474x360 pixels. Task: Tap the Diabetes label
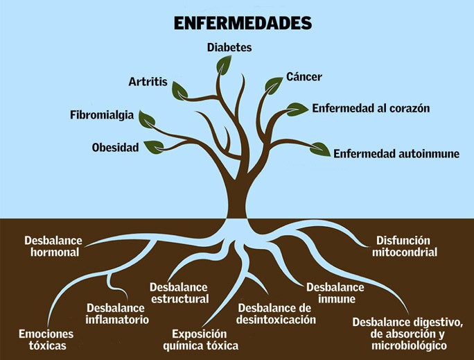coord(229,48)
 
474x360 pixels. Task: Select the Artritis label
coord(148,82)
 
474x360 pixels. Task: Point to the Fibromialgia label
coord(102,114)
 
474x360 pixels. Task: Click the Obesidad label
coord(115,147)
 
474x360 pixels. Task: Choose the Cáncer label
coord(304,76)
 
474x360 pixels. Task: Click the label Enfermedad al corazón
coord(371,109)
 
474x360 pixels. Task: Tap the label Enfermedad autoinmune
coord(396,153)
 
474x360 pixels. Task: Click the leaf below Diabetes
coord(224,65)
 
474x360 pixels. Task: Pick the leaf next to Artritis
coord(180,89)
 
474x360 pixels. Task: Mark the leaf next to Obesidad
coord(153,146)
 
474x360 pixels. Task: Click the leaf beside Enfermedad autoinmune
coord(320,148)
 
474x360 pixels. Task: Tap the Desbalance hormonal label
coord(53,246)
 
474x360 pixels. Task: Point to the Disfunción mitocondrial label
coord(404,246)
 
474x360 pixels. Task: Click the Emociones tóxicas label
coord(46,339)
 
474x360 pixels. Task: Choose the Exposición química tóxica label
coord(200,339)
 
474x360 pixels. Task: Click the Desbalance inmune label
coord(335,293)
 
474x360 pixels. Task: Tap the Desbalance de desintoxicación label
coord(276,314)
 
